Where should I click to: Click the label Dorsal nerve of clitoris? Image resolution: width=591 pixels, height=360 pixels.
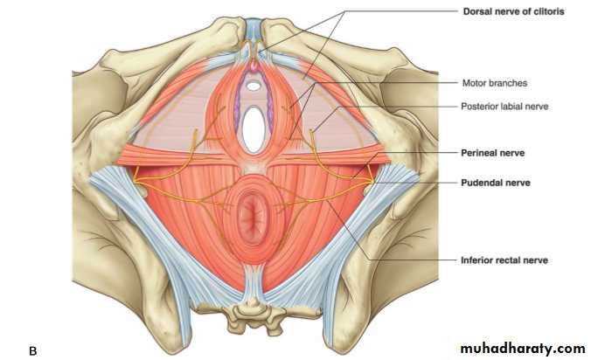point(513,11)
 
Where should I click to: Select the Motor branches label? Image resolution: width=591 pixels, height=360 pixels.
point(495,83)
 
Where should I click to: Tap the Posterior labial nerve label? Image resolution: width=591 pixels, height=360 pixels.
point(504,107)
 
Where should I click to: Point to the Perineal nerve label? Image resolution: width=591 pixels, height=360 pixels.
point(492,153)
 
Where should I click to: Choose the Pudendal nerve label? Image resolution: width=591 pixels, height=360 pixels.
point(496,183)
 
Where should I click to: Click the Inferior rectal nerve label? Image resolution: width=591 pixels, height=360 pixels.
point(504,260)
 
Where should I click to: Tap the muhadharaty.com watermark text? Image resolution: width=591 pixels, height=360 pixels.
point(523,349)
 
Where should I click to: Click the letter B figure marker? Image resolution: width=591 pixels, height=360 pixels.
point(33,351)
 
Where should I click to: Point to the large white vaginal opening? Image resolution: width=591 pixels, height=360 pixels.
point(253,129)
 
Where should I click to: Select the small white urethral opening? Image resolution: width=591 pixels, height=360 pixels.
point(254,87)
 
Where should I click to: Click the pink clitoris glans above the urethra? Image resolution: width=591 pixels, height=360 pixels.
point(254,67)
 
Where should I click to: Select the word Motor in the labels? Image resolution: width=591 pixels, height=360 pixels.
point(474,83)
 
